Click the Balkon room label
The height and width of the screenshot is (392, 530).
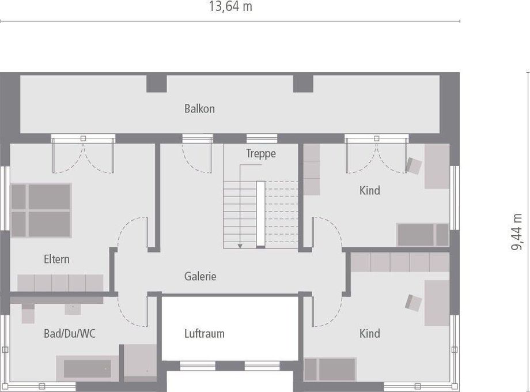(199, 108)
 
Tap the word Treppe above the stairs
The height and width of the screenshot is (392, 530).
(261, 154)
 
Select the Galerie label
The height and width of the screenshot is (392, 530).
(200, 276)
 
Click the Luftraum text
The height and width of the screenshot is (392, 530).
(204, 333)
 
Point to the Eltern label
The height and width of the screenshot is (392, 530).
(56, 259)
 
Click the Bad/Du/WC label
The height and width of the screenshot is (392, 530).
(70, 333)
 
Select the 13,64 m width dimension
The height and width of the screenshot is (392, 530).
(230, 7)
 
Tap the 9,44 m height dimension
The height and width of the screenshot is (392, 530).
(518, 232)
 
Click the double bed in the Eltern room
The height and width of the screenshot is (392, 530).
(40, 210)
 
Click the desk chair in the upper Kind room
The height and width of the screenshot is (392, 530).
(414, 165)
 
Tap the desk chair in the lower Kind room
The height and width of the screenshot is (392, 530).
(414, 301)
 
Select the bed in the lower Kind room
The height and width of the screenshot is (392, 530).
(330, 369)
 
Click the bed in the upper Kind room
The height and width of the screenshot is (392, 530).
(422, 235)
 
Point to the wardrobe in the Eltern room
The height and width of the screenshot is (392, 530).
(60, 283)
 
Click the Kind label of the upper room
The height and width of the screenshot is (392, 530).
(369, 190)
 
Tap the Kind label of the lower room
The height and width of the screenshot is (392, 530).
(369, 333)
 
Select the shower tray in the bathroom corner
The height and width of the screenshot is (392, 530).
(141, 362)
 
